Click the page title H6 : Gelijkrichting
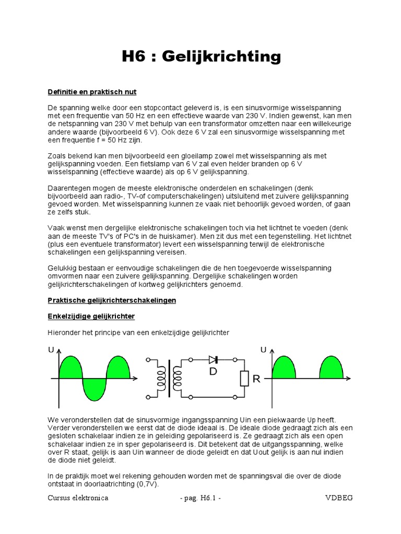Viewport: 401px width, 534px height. coord(201,56)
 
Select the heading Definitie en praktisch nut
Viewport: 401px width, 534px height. coord(92,92)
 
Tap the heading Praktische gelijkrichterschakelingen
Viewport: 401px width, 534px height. coord(112,300)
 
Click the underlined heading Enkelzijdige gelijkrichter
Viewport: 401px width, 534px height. coord(91,317)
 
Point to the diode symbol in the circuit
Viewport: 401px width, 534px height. coord(213,359)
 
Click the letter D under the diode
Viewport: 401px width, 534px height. coord(213,371)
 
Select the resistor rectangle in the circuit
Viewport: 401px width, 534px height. coord(243,379)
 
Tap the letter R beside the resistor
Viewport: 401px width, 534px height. coord(256,379)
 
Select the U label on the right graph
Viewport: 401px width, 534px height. coord(263,350)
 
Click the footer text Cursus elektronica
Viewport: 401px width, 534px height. coord(78,498)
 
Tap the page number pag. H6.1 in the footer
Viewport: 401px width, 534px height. coord(200,498)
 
